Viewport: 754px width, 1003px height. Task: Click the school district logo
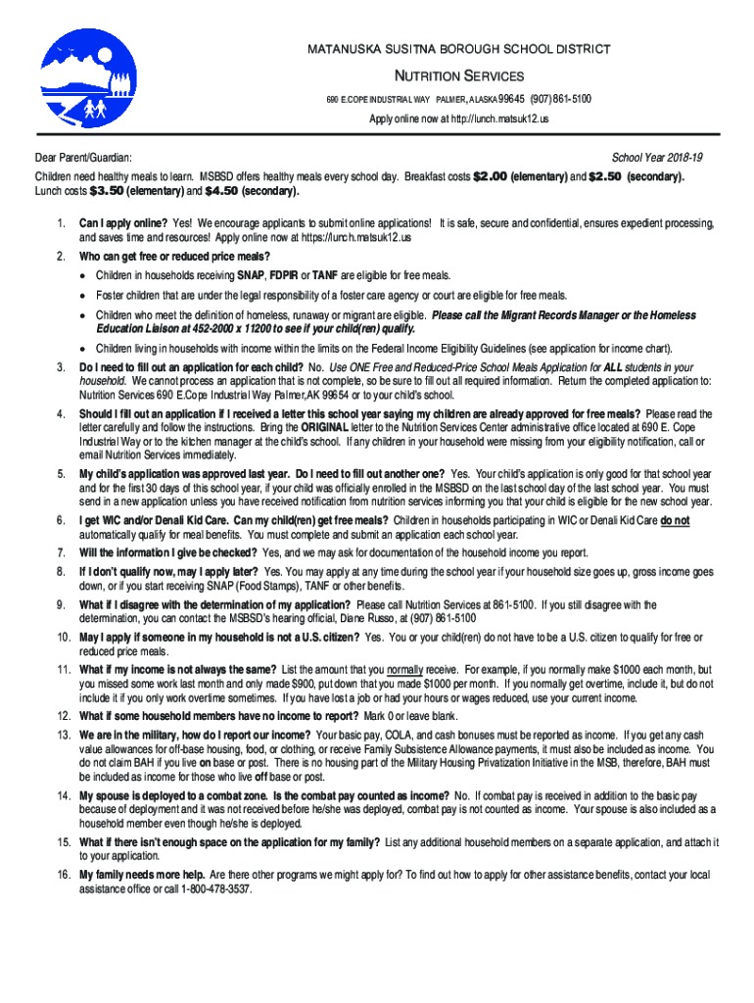(80, 78)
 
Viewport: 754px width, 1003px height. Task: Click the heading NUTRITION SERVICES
(458, 76)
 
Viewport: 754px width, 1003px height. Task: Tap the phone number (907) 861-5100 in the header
(561, 99)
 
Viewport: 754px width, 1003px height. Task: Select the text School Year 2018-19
(657, 157)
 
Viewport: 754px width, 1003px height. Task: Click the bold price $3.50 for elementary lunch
(106, 191)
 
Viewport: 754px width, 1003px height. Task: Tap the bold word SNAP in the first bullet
(254, 275)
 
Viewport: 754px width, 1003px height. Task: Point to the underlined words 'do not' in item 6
(675, 520)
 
